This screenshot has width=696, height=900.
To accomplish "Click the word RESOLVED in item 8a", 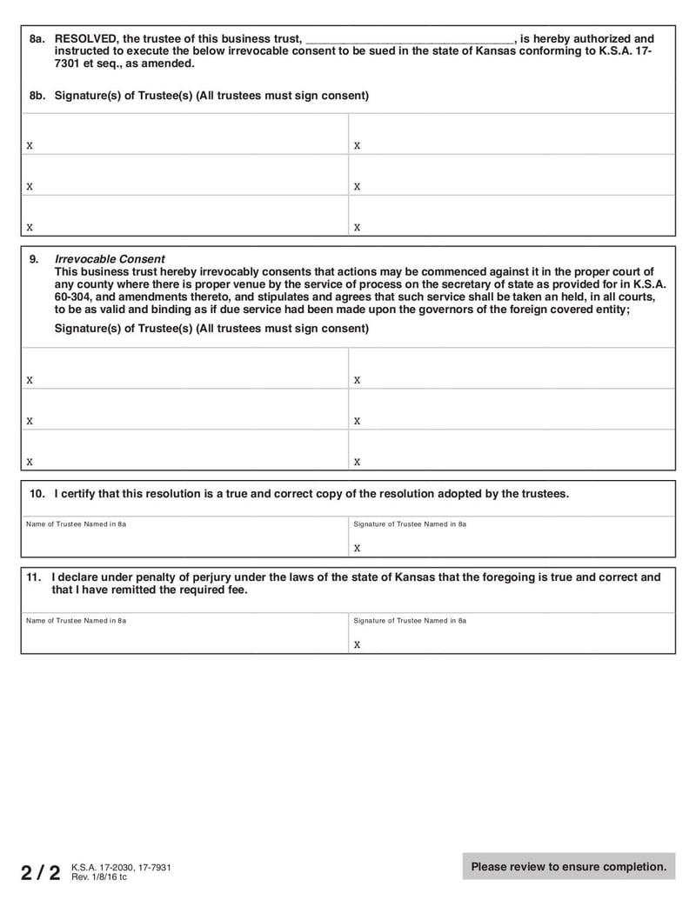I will click(85, 39).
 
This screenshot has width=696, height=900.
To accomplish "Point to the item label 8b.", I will click(37, 96).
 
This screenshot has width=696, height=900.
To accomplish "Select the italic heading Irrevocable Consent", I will click(110, 259).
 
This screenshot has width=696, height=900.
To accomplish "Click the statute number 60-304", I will click(71, 297).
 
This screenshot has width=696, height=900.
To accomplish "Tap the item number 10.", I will click(37, 494).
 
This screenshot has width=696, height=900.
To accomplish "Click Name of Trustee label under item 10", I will click(76, 524).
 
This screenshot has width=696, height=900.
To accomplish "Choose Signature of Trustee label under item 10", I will click(410, 524).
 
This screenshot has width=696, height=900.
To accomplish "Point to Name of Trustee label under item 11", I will click(76, 621).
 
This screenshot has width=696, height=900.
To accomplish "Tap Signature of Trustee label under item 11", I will click(410, 621).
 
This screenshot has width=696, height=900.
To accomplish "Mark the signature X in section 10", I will click(357, 549).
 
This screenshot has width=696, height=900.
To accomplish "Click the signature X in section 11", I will click(357, 645).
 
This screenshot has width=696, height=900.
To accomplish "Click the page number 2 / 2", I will click(41, 872).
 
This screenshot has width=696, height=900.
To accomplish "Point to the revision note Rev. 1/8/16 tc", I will click(98, 877).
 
